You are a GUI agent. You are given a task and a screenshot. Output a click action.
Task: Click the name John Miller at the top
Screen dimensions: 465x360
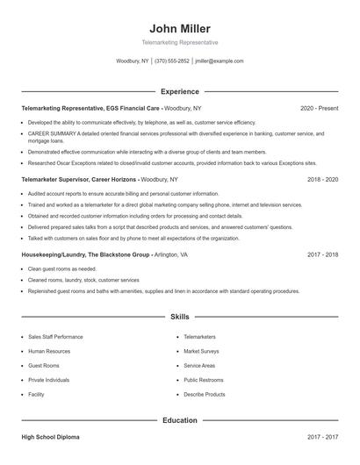[x=179, y=28]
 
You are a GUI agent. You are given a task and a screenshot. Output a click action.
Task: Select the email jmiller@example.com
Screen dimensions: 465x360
[x=220, y=61]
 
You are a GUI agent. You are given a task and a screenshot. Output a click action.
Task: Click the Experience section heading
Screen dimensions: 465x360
[x=179, y=91]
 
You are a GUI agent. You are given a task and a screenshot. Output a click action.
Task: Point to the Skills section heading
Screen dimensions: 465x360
[x=179, y=315]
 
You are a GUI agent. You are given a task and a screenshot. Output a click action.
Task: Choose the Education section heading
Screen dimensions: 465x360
[x=179, y=420]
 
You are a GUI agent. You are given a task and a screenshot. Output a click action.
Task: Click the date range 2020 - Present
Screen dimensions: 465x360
[x=319, y=108]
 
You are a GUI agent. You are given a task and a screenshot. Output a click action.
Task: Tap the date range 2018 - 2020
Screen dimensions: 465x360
[x=322, y=179]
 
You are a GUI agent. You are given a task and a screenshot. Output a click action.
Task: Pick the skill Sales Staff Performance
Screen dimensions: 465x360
[x=55, y=337]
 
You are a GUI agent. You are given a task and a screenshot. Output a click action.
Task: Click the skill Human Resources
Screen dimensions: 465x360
[x=49, y=351]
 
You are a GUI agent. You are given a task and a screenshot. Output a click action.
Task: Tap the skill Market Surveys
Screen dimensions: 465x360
[x=201, y=351]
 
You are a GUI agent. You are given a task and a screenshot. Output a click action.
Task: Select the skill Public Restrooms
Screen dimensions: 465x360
[x=203, y=380]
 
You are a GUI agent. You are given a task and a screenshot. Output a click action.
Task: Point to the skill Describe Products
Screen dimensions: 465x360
[x=205, y=395]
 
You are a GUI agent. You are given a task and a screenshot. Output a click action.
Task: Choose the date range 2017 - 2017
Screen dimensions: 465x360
[x=322, y=436]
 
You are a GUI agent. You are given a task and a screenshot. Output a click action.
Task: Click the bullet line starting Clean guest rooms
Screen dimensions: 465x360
[x=62, y=269]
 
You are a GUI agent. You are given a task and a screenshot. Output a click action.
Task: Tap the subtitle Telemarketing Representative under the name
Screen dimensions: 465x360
[x=179, y=42]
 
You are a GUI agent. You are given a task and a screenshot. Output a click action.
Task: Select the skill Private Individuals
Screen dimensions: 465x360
[x=49, y=380]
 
